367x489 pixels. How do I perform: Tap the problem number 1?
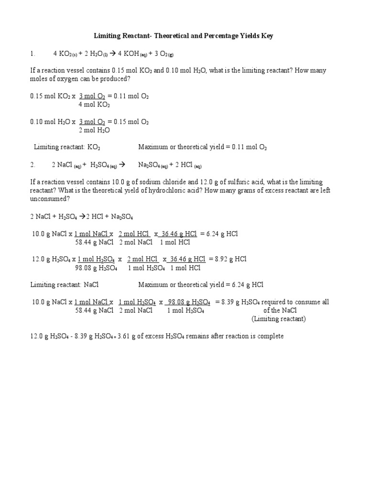32,53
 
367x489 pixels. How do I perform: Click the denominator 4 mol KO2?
94,104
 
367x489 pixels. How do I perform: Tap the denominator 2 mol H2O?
94,130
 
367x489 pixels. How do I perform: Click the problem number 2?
32,165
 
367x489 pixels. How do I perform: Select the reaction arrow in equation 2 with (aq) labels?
121,165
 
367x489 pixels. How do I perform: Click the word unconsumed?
47,199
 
